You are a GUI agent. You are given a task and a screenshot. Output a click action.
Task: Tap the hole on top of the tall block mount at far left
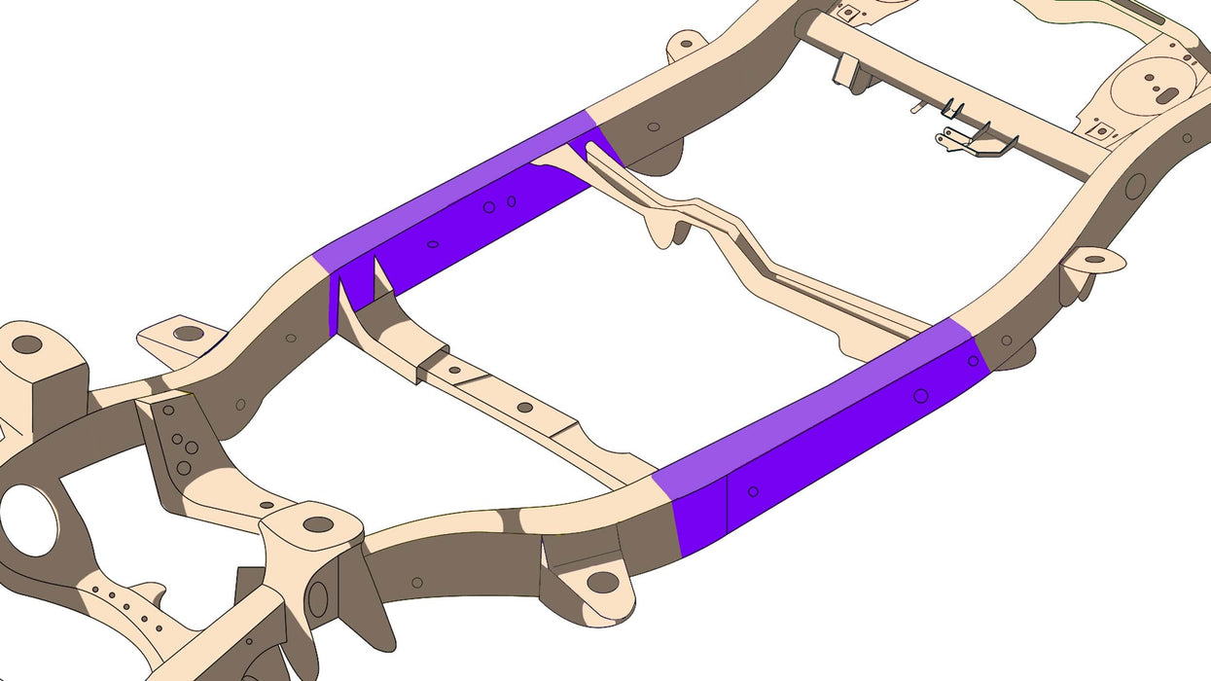click(27, 344)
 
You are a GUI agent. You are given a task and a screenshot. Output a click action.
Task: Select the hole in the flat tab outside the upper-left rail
click(188, 334)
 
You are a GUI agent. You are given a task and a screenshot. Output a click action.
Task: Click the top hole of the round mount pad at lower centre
click(317, 524)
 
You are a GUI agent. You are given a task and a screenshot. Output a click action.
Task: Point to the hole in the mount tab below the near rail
click(602, 582)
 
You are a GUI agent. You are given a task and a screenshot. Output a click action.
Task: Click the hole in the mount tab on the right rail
click(1095, 259)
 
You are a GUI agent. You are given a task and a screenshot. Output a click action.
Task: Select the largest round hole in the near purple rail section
click(920, 396)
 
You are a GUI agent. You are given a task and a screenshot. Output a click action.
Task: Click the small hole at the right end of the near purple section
click(973, 361)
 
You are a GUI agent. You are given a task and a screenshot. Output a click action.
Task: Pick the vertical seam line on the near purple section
click(728, 505)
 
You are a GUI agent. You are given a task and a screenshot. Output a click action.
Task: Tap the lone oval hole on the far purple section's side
click(433, 244)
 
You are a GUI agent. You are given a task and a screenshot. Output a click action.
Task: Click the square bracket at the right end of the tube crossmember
click(1099, 130)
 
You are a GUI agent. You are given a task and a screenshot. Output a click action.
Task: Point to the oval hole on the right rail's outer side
click(1135, 186)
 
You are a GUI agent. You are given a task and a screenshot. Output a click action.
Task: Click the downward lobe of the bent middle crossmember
click(664, 231)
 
